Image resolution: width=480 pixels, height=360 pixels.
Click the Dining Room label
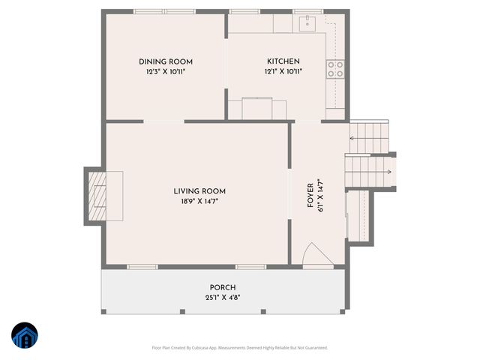tap(166, 61)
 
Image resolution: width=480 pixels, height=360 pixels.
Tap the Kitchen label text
tap(283, 61)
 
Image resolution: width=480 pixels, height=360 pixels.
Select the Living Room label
tap(199, 191)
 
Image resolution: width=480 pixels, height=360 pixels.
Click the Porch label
tap(223, 287)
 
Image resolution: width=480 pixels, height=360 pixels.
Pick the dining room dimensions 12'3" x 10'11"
tap(166, 72)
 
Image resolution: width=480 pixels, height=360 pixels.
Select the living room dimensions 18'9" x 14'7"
tap(199, 202)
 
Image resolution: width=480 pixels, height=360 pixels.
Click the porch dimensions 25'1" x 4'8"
tap(223, 298)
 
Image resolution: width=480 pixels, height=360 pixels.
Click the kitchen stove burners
tap(335, 69)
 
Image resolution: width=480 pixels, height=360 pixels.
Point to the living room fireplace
tap(96, 196)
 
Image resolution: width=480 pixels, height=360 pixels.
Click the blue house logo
tap(25, 336)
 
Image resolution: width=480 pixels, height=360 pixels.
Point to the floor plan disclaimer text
tap(239, 347)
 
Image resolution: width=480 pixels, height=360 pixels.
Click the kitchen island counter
tap(258, 109)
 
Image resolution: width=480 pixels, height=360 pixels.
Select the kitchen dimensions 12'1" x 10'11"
tap(283, 72)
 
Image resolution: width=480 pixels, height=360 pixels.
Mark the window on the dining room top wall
tap(164, 11)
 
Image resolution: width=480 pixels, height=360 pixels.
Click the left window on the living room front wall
tap(142, 266)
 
